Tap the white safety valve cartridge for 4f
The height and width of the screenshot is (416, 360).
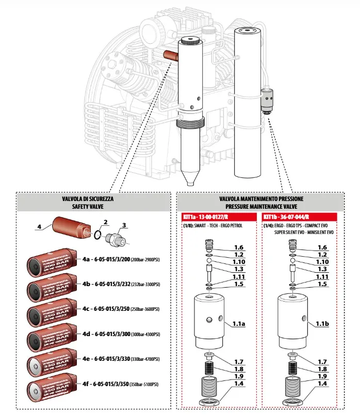(x=48, y=389)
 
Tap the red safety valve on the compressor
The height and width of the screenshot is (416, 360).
(x=171, y=54)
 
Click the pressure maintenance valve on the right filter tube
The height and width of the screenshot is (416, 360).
(x=267, y=99)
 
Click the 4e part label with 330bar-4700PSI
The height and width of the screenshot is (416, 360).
(x=120, y=359)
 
